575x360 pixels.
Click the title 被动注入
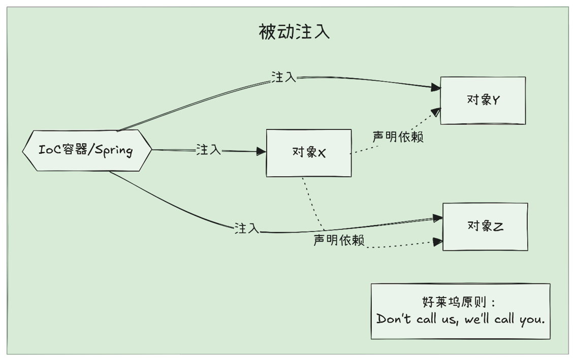pyautogui.click(x=294, y=32)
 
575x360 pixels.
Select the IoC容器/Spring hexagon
pyautogui.click(x=87, y=150)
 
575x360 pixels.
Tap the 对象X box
pyautogui.click(x=309, y=152)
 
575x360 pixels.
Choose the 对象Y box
pyautogui.click(x=483, y=100)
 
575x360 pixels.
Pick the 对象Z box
pyautogui.click(x=485, y=226)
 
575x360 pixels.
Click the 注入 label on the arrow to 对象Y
pyautogui.click(x=284, y=77)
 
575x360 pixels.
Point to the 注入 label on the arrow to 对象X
pyautogui.click(x=209, y=150)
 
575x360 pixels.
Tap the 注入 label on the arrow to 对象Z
pyautogui.click(x=247, y=228)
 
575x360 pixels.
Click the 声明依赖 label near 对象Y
pyautogui.click(x=398, y=137)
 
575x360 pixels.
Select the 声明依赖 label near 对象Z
pyautogui.click(x=339, y=240)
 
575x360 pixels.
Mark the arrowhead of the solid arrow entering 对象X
pyautogui.click(x=262, y=151)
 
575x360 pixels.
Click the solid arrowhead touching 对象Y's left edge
pyautogui.click(x=435, y=87)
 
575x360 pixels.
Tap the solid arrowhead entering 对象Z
pyautogui.click(x=438, y=218)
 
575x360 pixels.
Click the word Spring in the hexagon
pyautogui.click(x=114, y=151)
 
